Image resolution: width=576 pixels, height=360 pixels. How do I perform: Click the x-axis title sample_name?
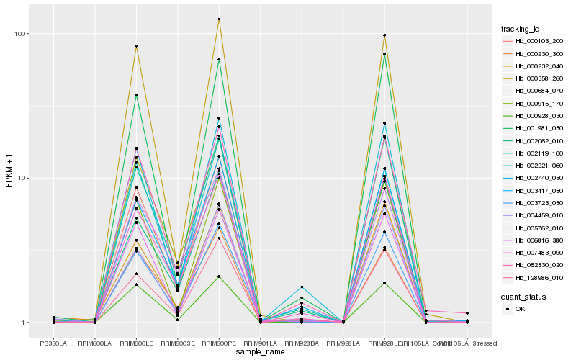(260, 351)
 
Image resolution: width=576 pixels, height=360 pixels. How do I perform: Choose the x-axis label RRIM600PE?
(219, 343)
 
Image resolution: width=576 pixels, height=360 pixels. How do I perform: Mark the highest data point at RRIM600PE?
(219, 19)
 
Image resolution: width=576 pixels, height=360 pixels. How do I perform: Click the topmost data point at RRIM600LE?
(136, 46)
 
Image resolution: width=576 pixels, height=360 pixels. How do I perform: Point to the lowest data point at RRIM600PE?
(219, 276)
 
